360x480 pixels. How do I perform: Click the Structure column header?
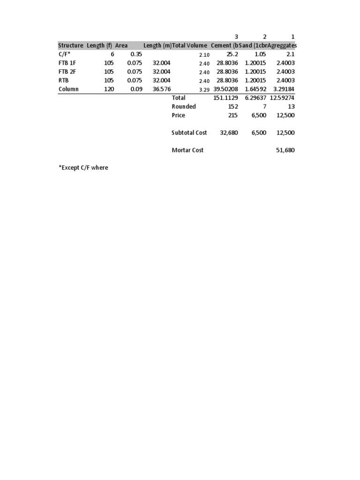(x=71, y=45)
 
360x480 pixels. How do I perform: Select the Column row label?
(x=68, y=89)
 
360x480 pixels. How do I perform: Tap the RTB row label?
(x=63, y=80)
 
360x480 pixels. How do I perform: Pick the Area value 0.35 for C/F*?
(x=136, y=54)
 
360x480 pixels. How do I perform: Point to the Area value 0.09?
(x=136, y=89)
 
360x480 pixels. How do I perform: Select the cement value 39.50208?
(x=226, y=89)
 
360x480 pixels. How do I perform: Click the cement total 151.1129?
(x=226, y=98)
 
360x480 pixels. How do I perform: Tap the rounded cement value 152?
(x=232, y=106)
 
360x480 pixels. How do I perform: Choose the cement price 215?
(x=232, y=115)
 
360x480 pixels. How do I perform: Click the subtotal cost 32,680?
(x=229, y=133)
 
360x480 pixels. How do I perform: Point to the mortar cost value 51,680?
(x=286, y=150)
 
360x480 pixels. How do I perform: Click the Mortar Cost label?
(x=187, y=150)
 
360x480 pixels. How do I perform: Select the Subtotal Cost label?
(x=189, y=133)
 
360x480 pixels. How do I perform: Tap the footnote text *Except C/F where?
(x=83, y=167)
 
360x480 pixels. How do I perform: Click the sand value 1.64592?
(x=255, y=89)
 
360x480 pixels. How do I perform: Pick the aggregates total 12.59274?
(x=283, y=98)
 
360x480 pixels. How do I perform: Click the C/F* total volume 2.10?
(x=204, y=55)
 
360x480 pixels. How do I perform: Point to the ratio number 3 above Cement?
(x=236, y=37)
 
